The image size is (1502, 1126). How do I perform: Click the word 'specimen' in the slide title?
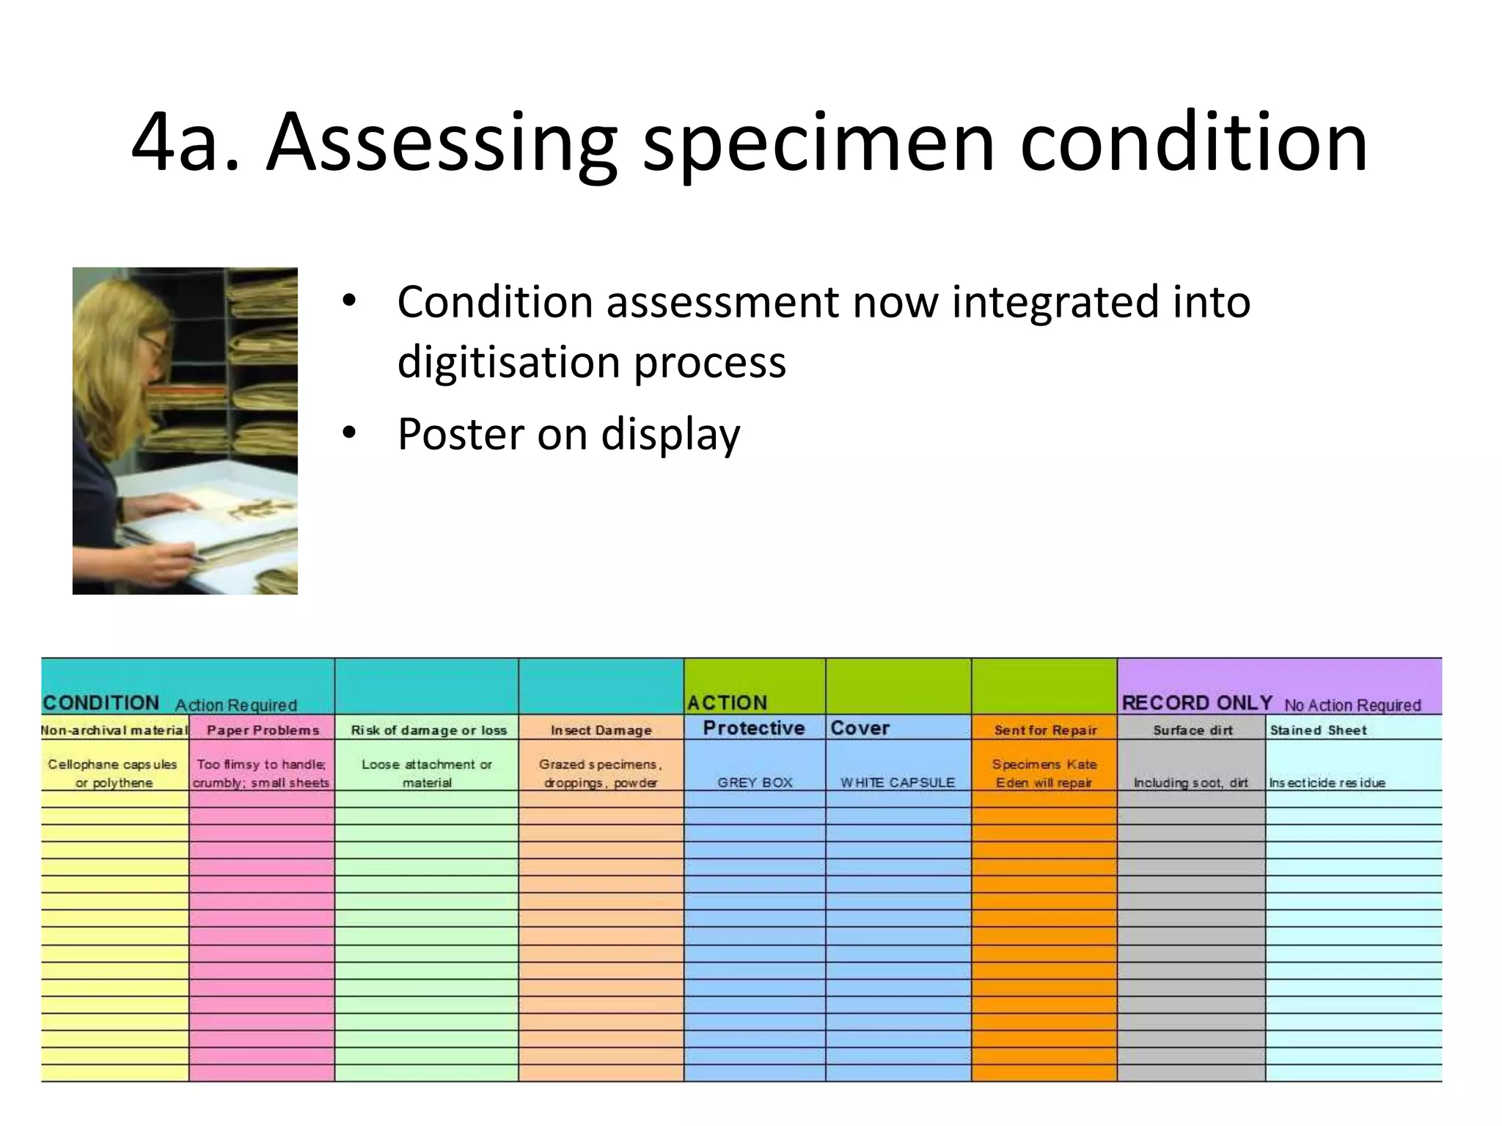(x=818, y=143)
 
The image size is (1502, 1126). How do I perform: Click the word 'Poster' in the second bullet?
(x=461, y=433)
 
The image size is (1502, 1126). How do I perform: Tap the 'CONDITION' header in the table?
(x=101, y=703)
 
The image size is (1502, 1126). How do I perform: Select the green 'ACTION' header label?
(x=727, y=703)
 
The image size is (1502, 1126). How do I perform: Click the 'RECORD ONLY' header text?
(x=1197, y=703)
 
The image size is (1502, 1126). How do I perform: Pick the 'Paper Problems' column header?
(x=263, y=730)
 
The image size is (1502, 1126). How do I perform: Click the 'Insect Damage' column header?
(x=601, y=730)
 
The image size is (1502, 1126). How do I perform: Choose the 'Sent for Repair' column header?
(x=1045, y=730)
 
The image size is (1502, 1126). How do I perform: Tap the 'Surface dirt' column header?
(x=1193, y=730)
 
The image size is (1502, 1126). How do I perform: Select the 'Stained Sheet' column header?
(x=1318, y=730)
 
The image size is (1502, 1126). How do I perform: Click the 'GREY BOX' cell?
(x=755, y=782)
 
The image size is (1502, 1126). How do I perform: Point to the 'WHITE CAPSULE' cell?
(x=898, y=782)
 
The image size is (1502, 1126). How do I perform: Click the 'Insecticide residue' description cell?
(x=1327, y=782)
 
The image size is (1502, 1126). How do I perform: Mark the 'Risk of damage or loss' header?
(x=428, y=730)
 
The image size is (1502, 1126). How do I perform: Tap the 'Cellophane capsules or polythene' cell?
(x=113, y=773)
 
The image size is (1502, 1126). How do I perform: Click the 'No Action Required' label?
(x=1352, y=705)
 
